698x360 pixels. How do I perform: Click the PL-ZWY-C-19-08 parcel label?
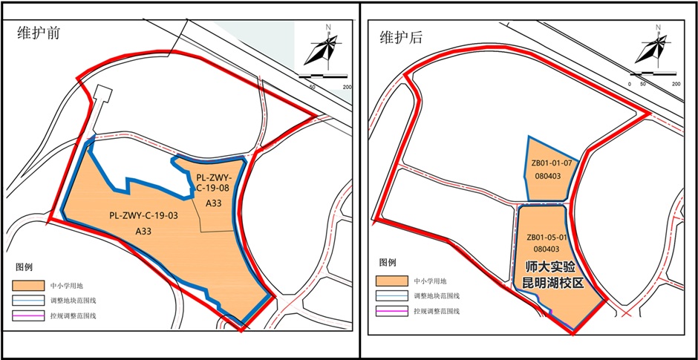[x=214, y=183]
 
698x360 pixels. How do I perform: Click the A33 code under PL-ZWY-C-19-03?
[x=143, y=232]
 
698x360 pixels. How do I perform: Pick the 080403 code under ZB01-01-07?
[x=549, y=176]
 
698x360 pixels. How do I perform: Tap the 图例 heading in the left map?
[x=25, y=266]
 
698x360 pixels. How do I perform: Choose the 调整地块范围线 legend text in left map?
[x=73, y=301]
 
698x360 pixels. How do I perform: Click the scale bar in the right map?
[x=653, y=75]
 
